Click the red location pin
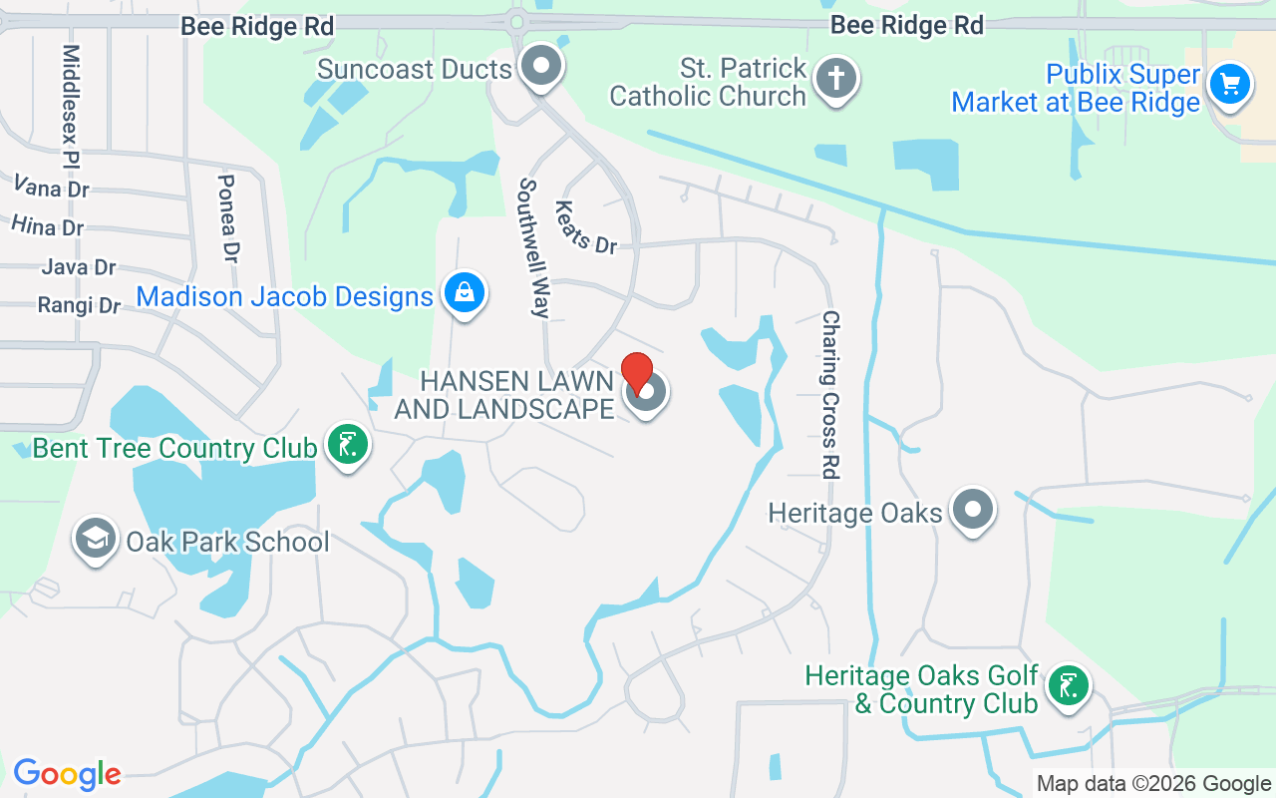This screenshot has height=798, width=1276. click(x=637, y=372)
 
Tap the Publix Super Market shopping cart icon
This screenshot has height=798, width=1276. click(x=1229, y=84)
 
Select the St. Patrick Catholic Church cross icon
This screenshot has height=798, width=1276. click(x=835, y=77)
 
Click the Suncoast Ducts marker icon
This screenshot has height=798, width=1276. click(x=541, y=67)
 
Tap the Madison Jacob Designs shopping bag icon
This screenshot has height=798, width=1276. click(x=465, y=292)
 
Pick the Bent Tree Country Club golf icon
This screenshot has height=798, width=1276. click(x=347, y=445)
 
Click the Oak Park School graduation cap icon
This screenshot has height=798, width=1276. click(x=95, y=539)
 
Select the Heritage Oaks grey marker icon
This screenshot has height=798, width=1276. click(x=972, y=510)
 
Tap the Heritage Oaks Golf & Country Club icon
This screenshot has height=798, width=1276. click(x=1068, y=685)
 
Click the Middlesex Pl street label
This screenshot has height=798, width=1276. click(x=70, y=105)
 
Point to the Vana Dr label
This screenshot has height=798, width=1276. click(x=52, y=187)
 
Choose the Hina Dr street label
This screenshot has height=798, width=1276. click(x=48, y=226)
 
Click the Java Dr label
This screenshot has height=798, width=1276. click(x=79, y=266)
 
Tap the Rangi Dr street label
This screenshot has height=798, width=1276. click(x=79, y=305)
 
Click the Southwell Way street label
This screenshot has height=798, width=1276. click(x=533, y=248)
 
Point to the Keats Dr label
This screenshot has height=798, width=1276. click(x=585, y=227)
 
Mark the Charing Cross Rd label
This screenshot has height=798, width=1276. click(x=830, y=394)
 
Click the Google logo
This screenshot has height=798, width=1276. click(x=67, y=774)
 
